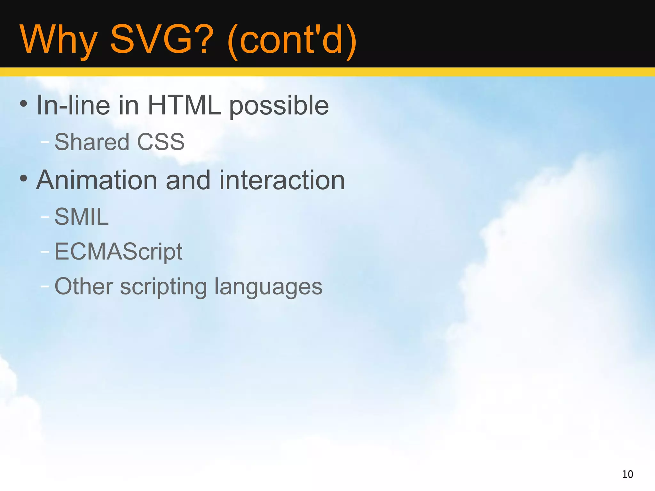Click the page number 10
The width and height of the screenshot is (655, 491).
[627, 474]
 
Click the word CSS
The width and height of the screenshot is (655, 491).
[161, 142]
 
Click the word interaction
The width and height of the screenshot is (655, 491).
[282, 180]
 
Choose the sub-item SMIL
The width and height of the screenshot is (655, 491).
[82, 216]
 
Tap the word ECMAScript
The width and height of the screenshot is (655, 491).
[118, 252]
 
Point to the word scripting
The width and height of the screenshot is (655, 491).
[163, 287]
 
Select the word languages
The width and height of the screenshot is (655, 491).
[268, 287]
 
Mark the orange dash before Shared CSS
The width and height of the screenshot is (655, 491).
[45, 142]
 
